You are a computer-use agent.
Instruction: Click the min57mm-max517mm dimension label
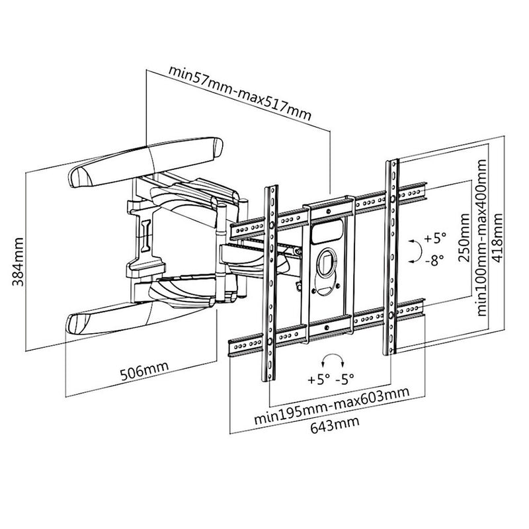point(239,92)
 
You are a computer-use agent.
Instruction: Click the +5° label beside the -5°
point(317,380)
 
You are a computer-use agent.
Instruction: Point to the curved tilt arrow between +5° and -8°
point(414,249)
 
